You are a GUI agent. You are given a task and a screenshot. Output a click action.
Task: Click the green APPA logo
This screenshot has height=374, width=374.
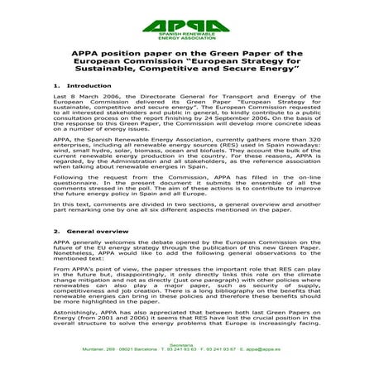(187, 20)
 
